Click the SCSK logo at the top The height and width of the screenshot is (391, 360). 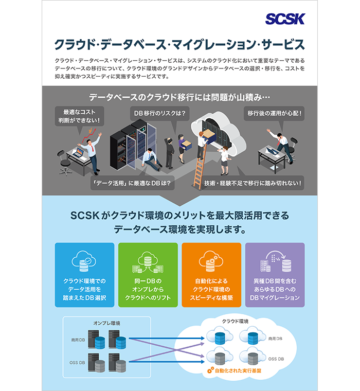coord(285,19)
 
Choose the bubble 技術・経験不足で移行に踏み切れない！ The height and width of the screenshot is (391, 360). coord(252,183)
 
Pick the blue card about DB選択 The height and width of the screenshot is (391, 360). coord(84,275)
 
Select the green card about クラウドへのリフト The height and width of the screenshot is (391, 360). coord(148,275)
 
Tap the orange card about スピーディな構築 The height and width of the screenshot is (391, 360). coord(211,275)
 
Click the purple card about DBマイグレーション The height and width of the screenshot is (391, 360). coord(275,275)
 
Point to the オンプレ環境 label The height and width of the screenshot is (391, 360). coord(106,323)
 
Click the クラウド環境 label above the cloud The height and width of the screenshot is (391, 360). coord(235,321)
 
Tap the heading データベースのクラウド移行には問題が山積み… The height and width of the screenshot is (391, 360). coord(179,97)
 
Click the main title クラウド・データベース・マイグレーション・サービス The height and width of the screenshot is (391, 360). coord(179,44)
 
